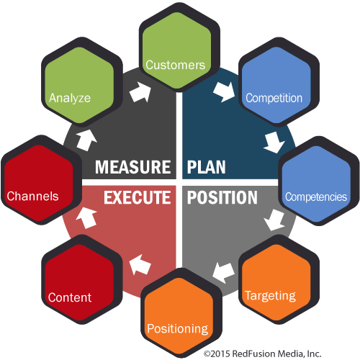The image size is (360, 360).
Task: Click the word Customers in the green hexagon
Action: click(x=176, y=65)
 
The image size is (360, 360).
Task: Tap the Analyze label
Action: click(x=70, y=98)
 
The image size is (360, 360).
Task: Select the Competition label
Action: click(x=274, y=98)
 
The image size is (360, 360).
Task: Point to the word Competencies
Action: click(x=316, y=197)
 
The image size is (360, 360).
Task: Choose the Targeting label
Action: click(x=270, y=296)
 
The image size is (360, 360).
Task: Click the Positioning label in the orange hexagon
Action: click(x=178, y=329)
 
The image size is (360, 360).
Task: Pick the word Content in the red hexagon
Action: click(x=70, y=297)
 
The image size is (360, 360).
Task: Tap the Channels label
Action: click(x=32, y=196)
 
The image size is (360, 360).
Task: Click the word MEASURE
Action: click(x=133, y=167)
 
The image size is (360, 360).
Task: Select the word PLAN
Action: click(x=207, y=167)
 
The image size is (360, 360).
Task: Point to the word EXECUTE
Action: click(x=138, y=197)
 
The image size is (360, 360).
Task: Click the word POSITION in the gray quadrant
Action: click(x=222, y=197)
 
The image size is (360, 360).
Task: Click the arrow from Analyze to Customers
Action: click(x=140, y=92)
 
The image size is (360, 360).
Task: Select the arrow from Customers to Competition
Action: click(x=224, y=92)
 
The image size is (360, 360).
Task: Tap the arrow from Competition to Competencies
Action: click(x=274, y=143)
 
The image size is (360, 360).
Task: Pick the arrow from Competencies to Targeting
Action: click(x=274, y=220)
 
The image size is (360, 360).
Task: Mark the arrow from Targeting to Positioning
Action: click(x=223, y=273)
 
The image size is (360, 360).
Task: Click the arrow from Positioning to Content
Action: click(x=140, y=264)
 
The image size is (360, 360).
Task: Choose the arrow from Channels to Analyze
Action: click(x=86, y=140)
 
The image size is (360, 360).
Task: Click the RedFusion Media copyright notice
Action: click(x=262, y=354)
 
